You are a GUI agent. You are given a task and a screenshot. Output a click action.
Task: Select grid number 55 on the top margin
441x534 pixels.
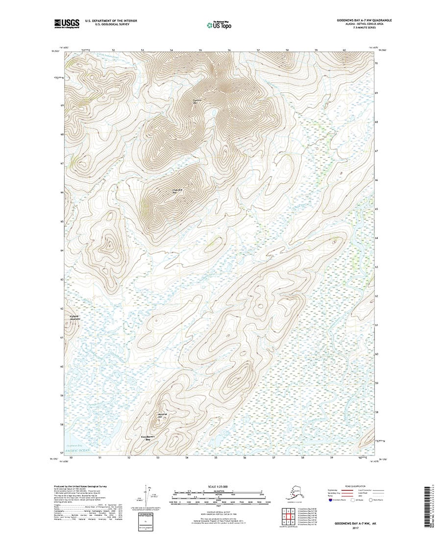point(201,50)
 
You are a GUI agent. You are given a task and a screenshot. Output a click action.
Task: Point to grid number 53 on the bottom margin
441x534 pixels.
point(158,458)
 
